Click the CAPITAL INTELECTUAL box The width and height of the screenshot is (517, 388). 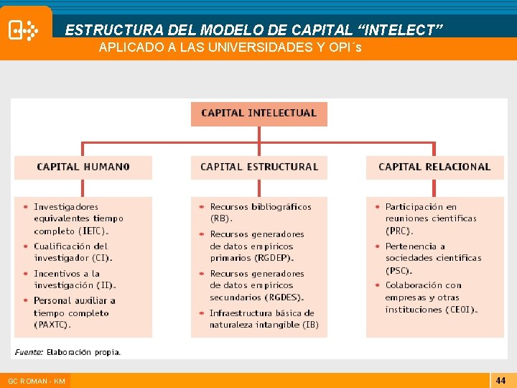coord(258,114)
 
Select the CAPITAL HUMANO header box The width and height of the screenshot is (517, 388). coord(83,167)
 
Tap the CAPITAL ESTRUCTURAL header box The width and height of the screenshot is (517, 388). coord(258,167)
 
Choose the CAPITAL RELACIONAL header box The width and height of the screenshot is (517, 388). coord(434,167)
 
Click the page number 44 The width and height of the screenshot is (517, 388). coord(500,380)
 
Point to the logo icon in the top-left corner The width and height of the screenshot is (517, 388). coord(23,31)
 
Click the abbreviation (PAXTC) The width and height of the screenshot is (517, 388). coord(52,325)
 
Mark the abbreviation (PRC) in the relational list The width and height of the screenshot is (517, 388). coord(399,231)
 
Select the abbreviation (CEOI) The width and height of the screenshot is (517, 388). coord(460,310)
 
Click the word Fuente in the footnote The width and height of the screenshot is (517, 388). coord(29,352)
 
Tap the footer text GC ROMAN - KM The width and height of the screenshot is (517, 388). coord(36,381)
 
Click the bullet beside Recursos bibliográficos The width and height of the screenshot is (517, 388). coord(202,207)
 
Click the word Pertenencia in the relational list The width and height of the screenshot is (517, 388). coord(409,246)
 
